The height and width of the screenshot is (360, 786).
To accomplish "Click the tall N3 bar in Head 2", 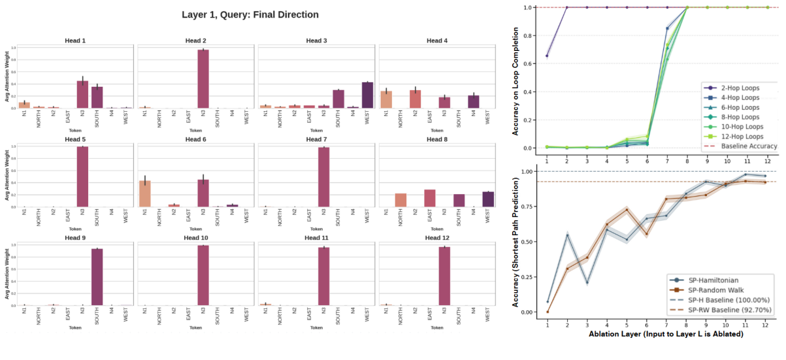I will click(x=203, y=78).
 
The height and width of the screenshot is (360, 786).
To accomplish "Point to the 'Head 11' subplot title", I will click(x=316, y=238).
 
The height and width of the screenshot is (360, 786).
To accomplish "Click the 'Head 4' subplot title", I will click(x=437, y=41).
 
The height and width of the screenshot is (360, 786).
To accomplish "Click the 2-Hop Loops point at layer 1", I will click(x=547, y=56).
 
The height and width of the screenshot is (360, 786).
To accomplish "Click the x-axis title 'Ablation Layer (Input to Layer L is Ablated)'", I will click(x=657, y=334).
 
